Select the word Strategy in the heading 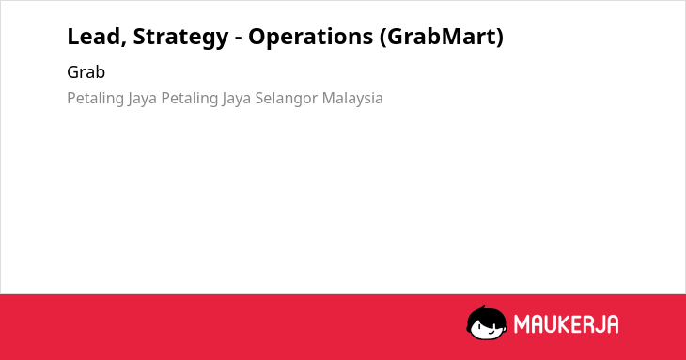click(x=180, y=38)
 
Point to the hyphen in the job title click(x=239, y=39)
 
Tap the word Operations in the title click(x=311, y=38)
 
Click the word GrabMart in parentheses click(x=441, y=37)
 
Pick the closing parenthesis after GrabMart click(x=500, y=38)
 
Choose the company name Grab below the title click(x=86, y=72)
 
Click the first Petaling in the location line click(x=95, y=99)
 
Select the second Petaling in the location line click(x=190, y=99)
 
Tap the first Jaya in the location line click(x=142, y=99)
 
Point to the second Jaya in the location click(x=236, y=99)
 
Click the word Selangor click(x=287, y=99)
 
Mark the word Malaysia click(x=352, y=99)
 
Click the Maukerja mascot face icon click(x=487, y=323)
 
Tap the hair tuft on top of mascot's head click(x=483, y=307)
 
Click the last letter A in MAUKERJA click(x=613, y=324)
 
